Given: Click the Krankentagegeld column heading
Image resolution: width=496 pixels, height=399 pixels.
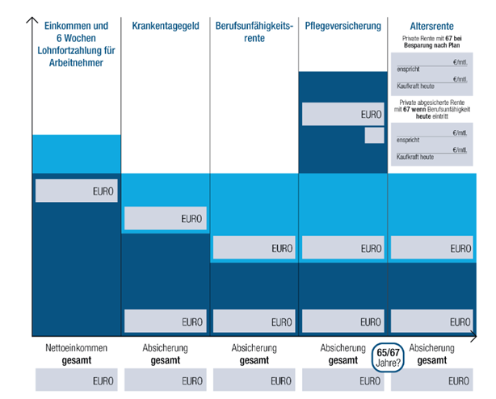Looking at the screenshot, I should (166, 27).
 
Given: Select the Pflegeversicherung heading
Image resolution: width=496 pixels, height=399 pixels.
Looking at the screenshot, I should (343, 27).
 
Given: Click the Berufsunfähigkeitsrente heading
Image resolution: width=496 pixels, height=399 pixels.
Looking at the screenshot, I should (254, 32).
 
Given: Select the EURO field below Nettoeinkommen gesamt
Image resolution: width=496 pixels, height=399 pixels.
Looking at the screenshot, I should (77, 380).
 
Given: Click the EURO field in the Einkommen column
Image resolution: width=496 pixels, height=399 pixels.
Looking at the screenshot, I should (77, 191).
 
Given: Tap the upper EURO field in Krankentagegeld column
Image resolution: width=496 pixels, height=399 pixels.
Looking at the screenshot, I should (166, 218).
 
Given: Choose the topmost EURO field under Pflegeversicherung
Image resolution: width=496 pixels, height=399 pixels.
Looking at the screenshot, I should (343, 114).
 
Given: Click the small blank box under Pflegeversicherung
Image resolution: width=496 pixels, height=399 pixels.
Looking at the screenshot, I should (374, 135).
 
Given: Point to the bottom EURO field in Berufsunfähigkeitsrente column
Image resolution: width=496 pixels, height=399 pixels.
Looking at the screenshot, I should (254, 321).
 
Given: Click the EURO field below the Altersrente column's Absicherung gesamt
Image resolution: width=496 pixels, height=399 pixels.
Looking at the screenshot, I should (432, 380).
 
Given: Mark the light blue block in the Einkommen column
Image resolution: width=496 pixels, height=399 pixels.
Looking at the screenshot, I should (76, 153).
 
